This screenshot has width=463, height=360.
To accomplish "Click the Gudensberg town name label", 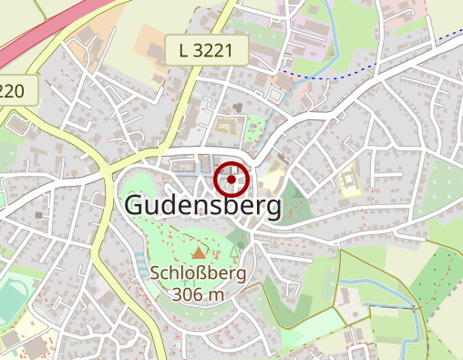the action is (x=202, y=206).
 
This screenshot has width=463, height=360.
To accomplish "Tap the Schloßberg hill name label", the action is (x=199, y=273).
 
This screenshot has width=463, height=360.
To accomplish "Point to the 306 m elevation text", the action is (x=198, y=293).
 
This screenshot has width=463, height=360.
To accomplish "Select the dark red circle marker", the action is (x=232, y=180).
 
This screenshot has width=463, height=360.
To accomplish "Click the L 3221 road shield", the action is (x=206, y=51).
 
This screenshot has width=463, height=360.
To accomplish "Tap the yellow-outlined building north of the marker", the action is (x=227, y=125).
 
